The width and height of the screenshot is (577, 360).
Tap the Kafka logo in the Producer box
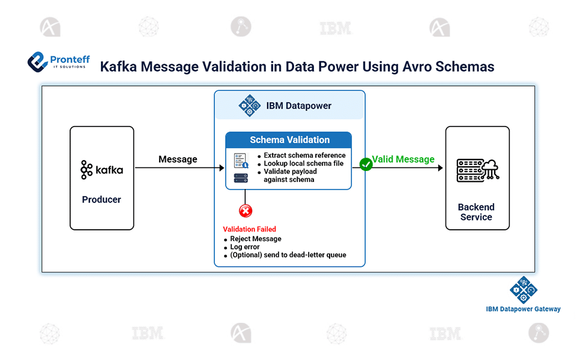pyautogui.click(x=101, y=170)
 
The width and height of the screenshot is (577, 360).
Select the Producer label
pyautogui.click(x=101, y=199)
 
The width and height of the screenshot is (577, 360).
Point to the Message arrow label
pyautogui.click(x=178, y=159)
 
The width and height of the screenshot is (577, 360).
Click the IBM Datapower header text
pyautogui.click(x=298, y=106)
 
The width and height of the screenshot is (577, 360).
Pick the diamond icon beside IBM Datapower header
pyautogui.click(x=249, y=106)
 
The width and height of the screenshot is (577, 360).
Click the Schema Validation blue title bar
pyautogui.click(x=289, y=140)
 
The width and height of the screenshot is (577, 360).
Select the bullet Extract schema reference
pyautogui.click(x=304, y=155)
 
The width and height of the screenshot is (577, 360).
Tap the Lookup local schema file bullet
pyautogui.click(x=303, y=163)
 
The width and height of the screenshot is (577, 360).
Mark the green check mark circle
pyautogui.click(x=366, y=164)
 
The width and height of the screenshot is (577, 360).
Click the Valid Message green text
pyautogui.click(x=403, y=159)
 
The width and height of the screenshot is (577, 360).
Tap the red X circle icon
pyautogui.click(x=246, y=211)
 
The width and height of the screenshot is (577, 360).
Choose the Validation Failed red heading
pyautogui.click(x=249, y=229)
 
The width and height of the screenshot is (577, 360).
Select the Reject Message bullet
pyautogui.click(x=255, y=239)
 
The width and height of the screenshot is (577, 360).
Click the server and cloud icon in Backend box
pyautogui.click(x=477, y=170)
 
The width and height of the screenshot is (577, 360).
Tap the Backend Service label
pyautogui.click(x=476, y=212)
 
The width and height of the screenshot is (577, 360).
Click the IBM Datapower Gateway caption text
pyautogui.click(x=523, y=309)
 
